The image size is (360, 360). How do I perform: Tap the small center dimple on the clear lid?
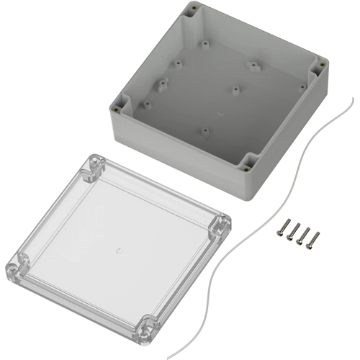pos(117,251)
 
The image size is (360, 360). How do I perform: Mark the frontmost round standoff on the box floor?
pos(205,131)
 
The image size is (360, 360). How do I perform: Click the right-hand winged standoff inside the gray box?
pos(253,66)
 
